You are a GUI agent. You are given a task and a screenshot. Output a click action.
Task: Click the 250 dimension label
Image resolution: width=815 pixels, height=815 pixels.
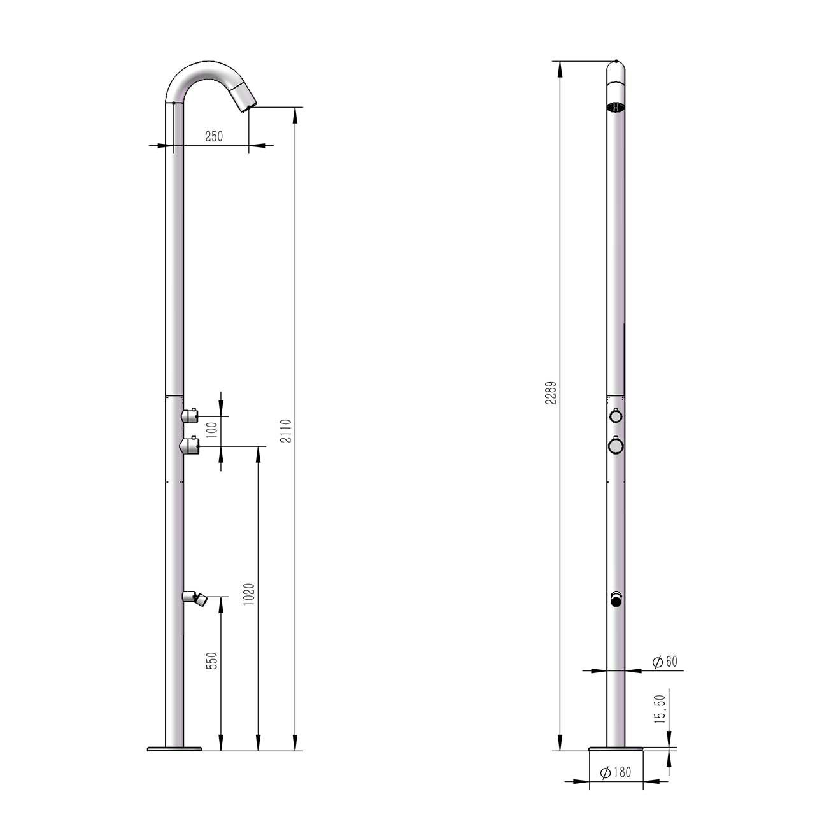214,137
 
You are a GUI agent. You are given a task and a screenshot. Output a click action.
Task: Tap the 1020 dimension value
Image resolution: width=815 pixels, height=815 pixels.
249,595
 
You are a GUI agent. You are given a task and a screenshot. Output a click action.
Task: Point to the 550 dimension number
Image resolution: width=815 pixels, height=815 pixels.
213,660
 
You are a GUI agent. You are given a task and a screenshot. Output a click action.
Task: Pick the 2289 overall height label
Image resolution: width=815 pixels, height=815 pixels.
551,393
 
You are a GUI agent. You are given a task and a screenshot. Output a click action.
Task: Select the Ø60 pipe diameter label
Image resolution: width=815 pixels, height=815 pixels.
665,662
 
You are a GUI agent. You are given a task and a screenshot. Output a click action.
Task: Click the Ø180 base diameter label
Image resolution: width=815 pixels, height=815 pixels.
616,772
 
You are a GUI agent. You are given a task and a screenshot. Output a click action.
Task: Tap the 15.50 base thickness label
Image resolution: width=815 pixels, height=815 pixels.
660,709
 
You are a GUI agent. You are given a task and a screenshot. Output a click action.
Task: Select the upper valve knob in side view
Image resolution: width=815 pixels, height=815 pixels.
190,416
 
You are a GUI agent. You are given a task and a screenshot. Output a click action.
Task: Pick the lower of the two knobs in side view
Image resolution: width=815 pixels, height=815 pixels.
190,446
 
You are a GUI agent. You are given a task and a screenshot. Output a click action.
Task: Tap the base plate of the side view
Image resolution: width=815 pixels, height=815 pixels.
174,749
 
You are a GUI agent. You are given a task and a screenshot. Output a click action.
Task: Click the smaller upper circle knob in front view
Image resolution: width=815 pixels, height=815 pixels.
615,416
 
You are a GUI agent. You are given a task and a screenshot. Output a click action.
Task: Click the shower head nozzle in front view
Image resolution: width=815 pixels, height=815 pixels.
616,107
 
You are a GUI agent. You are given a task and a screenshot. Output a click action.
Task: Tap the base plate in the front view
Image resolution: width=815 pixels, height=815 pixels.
616,749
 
